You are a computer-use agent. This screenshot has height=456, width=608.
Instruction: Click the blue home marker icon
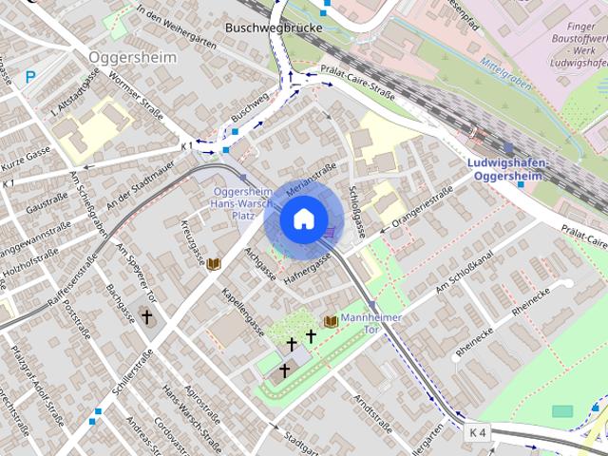(302, 219)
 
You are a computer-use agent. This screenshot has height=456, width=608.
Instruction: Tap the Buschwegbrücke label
(274, 28)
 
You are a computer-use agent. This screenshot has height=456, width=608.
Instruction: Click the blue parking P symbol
(31, 77)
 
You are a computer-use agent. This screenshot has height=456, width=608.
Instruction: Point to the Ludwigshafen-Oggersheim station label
(509, 168)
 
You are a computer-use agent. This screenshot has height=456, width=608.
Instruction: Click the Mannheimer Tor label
(371, 323)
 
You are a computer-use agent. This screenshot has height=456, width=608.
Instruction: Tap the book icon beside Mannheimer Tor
(331, 322)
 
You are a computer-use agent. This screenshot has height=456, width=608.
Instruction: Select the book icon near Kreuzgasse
(214, 264)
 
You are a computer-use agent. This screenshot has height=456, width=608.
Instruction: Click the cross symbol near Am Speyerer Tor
(145, 314)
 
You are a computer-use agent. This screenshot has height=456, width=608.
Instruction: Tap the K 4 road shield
(478, 432)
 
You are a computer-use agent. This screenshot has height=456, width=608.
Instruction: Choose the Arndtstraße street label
(372, 411)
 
